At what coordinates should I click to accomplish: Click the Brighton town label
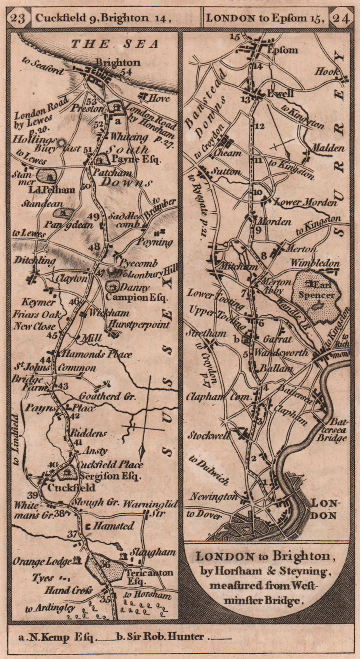point(118,63)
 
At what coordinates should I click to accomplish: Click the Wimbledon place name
point(315,263)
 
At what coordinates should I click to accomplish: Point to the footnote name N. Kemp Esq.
point(58,637)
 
